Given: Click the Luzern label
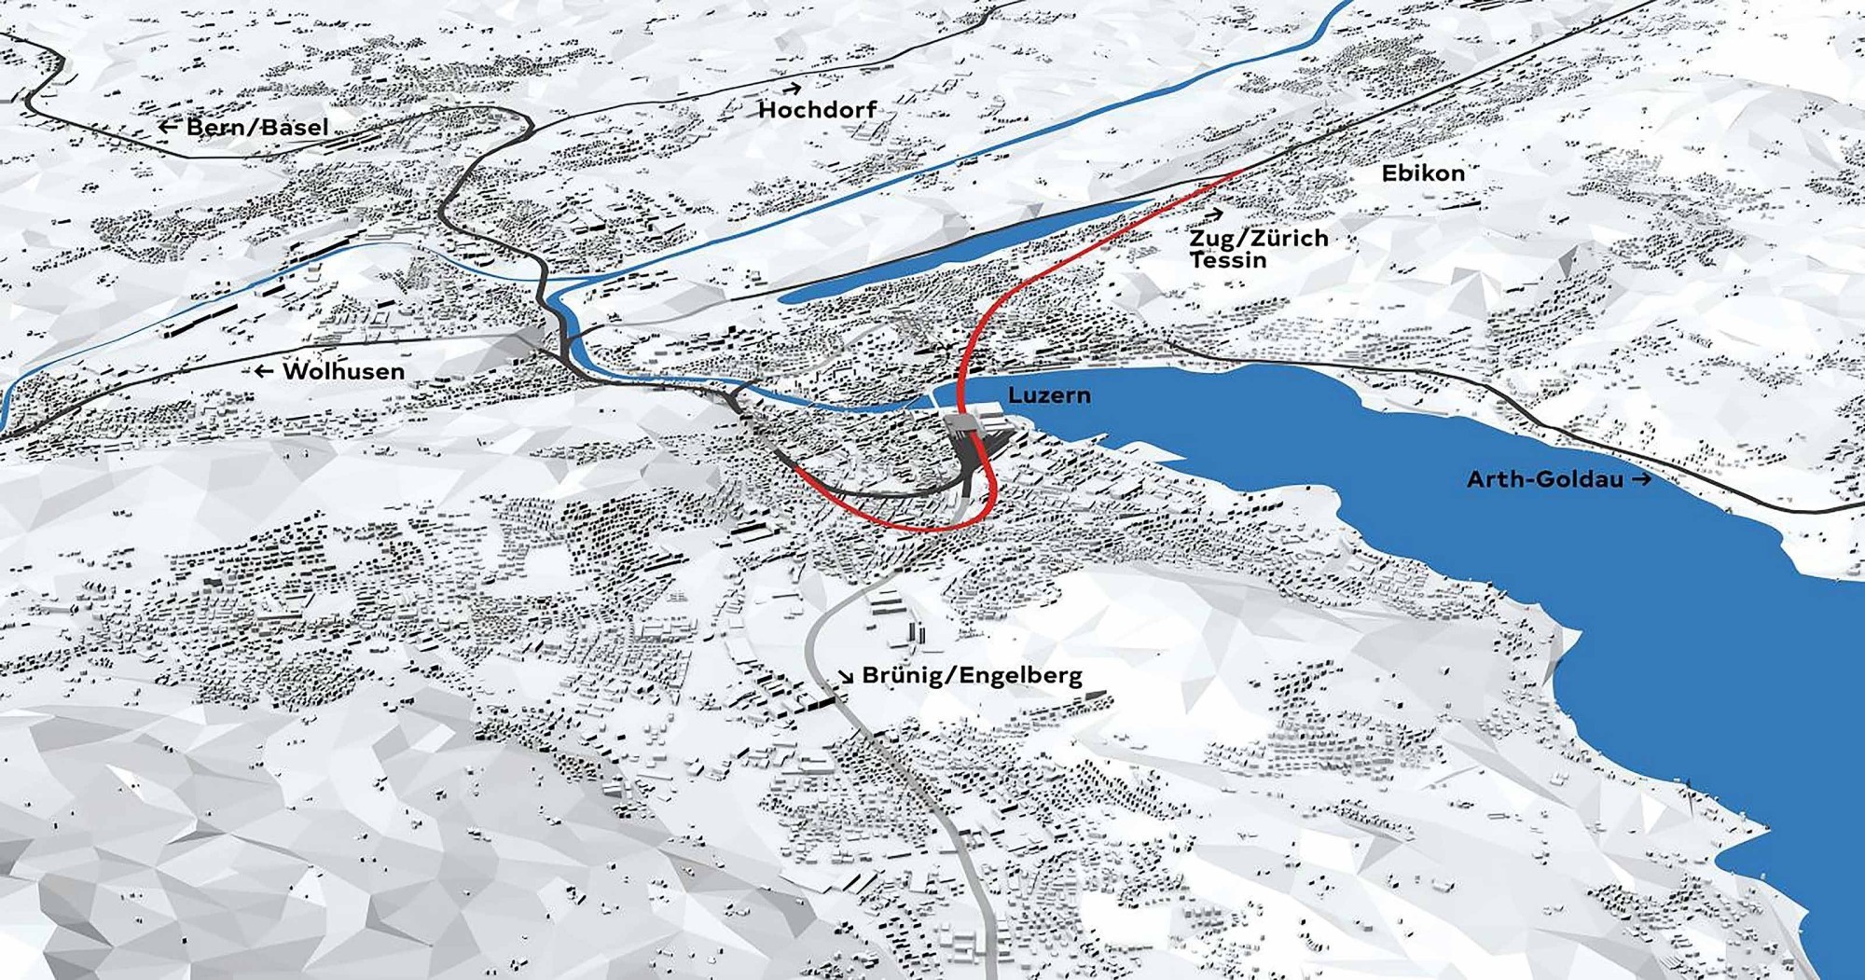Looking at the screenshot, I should (x=1049, y=395).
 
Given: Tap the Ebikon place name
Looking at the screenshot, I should (x=1423, y=173).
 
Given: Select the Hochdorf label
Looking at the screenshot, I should (x=818, y=110).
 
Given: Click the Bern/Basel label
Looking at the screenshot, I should (x=257, y=127).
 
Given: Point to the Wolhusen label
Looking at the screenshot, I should (x=343, y=371).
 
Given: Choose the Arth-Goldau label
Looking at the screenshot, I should (x=1544, y=479).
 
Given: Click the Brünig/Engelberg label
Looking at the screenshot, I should (x=972, y=675).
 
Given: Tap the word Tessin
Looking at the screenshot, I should (x=1228, y=260).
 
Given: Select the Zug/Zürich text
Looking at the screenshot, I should (x=1259, y=239).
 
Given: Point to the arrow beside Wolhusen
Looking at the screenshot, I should (x=264, y=371).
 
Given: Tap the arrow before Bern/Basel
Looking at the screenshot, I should (x=168, y=127).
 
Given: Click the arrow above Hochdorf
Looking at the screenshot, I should (x=792, y=90).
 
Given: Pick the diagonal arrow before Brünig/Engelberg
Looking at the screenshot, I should (x=846, y=676).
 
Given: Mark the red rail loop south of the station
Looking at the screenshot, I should (x=895, y=524).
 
